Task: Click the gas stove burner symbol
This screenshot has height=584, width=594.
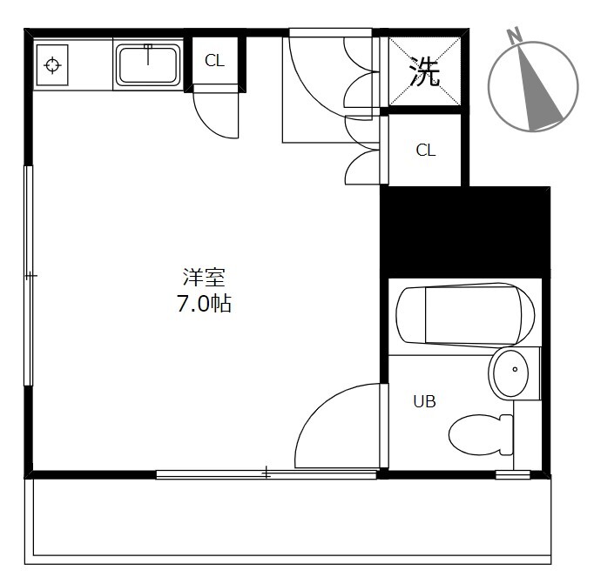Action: (52, 65)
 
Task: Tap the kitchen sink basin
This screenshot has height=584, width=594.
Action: (148, 65)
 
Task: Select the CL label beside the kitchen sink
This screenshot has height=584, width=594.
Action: (214, 60)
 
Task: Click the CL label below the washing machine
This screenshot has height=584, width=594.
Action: (425, 151)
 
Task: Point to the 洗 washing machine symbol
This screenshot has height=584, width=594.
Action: (425, 71)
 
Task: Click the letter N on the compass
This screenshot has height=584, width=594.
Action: (514, 37)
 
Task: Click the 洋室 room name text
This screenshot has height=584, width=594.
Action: (204, 278)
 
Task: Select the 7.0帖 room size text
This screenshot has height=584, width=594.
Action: (204, 303)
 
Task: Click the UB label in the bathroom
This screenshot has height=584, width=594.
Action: (424, 401)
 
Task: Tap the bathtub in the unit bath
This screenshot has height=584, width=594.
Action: (465, 315)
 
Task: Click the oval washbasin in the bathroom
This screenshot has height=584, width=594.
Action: (511, 373)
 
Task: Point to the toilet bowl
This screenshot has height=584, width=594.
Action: (481, 434)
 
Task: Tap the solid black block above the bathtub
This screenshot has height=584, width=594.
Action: (465, 232)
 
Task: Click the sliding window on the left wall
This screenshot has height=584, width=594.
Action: (29, 276)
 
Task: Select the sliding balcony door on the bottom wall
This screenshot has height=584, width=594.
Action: (267, 473)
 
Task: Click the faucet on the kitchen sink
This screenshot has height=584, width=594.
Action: (148, 54)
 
